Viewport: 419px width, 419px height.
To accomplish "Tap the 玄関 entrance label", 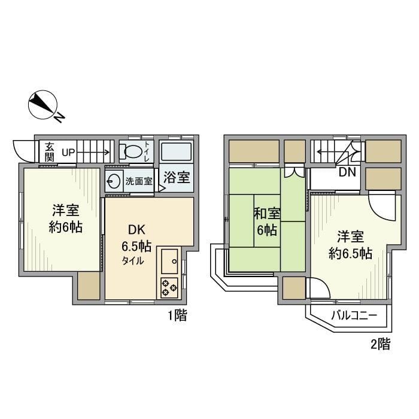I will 50,152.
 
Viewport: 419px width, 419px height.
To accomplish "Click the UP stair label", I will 68,153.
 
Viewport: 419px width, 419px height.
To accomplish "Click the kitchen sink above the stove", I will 169,259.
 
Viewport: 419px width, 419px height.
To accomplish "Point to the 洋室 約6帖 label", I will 66,218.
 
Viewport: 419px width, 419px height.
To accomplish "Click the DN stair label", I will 347,173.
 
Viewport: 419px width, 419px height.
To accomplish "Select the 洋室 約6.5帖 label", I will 350,245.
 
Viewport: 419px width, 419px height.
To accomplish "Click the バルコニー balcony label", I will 352,315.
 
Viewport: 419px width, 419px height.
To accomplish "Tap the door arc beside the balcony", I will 318,289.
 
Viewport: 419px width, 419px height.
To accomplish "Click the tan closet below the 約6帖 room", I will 89,286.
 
